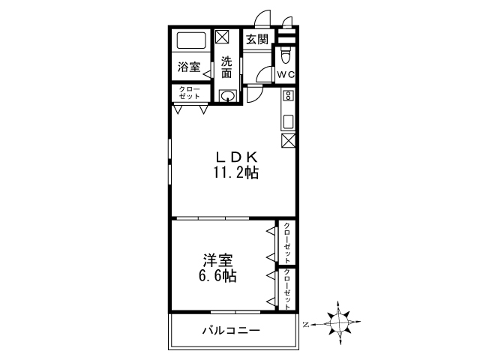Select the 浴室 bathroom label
[x=188, y=67]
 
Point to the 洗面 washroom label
[x=226, y=67]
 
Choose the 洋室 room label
[x=217, y=260]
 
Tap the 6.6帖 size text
[x=217, y=276]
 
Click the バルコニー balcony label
[x=230, y=331]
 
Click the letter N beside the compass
[x=306, y=325]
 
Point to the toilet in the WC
[x=286, y=56]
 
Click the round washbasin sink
[x=229, y=95]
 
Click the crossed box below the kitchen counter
[x=289, y=140]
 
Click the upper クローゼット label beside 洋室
[x=286, y=242]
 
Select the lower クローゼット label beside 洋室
[x=286, y=288]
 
